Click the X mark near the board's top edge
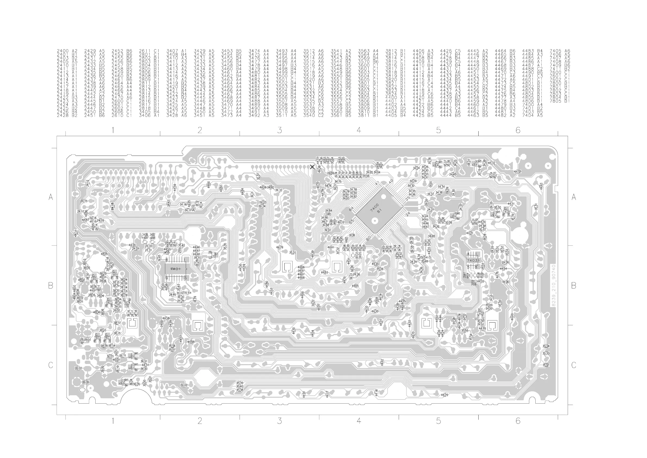point(312,167)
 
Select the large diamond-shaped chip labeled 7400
point(379,210)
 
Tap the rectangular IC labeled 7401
point(176,269)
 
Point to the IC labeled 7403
point(473,260)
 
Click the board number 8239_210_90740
point(553,286)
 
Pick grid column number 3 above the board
point(279,130)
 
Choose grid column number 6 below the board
point(518,421)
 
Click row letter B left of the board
point(51,286)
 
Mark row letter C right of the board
point(573,365)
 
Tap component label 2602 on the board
point(78,368)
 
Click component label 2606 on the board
point(85,382)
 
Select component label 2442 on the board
point(184,385)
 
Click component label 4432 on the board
point(517,171)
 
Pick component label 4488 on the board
point(191,342)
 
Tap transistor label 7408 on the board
point(506,212)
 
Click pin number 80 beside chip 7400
point(368,239)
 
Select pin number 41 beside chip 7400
point(377,183)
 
